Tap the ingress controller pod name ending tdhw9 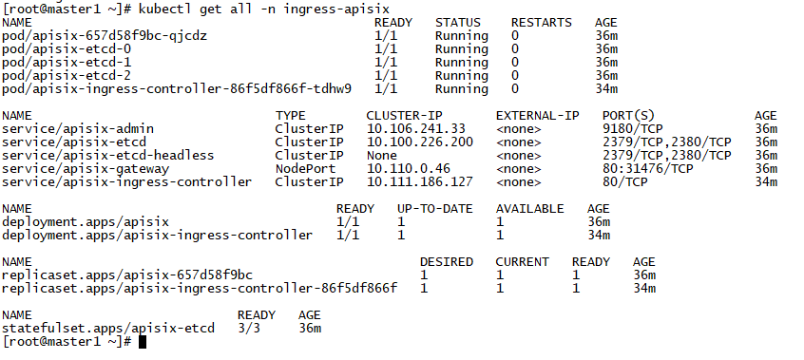[x=177, y=88]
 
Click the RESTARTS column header [x=542, y=22]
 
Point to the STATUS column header [x=458, y=22]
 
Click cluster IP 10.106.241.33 [x=416, y=128]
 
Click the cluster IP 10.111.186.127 [x=420, y=181]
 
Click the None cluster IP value [x=382, y=155]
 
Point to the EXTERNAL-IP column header [x=538, y=115]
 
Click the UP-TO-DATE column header [x=435, y=208]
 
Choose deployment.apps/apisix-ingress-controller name [x=158, y=235]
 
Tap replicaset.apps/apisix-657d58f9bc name [x=127, y=275]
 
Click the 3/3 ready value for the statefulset [x=257, y=328]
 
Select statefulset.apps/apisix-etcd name [x=108, y=328]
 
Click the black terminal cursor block [x=143, y=342]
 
